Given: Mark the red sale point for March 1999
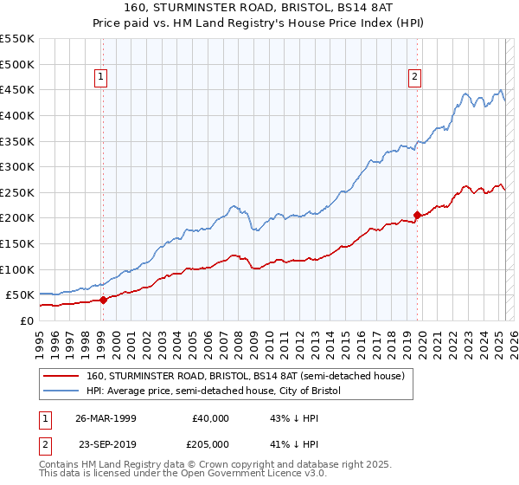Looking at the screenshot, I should point(103,300).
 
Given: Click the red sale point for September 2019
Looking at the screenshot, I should point(417,215).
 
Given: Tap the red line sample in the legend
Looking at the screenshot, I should point(61,377).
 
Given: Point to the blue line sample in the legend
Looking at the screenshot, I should point(61,391).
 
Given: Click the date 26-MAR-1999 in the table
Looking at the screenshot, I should point(106,418).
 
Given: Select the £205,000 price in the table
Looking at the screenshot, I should point(211,443).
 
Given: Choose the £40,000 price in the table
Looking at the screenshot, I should point(211,418).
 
